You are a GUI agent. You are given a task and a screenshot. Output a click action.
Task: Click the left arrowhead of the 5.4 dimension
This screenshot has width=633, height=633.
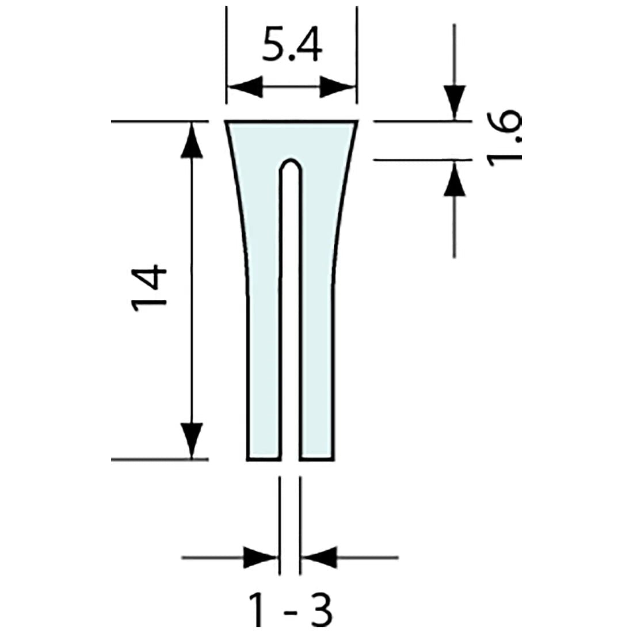[245, 88]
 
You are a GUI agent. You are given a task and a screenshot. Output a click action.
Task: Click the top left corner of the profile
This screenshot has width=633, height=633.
[226, 123]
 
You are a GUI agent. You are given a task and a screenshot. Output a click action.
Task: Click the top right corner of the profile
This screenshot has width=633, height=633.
[357, 123]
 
